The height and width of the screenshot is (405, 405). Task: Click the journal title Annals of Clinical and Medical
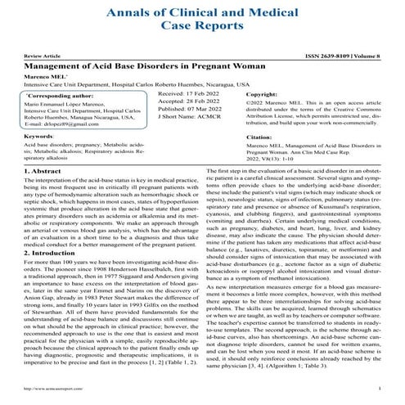[x=202, y=14]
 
